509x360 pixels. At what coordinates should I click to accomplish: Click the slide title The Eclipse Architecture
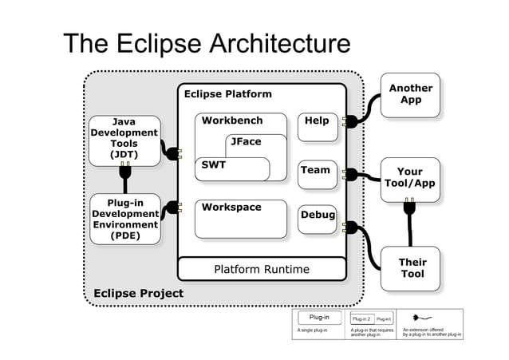206,45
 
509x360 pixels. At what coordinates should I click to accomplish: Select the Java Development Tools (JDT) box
124,139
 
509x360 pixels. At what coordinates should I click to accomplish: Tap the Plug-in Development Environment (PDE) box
124,219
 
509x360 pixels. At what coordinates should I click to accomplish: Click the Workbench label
231,121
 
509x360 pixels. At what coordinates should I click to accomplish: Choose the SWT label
214,165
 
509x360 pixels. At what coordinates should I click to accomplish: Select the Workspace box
240,218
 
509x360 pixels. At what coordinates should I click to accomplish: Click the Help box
318,126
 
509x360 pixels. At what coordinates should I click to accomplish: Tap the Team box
317,175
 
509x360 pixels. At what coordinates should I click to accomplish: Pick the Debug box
317,220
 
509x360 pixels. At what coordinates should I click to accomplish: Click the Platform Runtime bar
261,269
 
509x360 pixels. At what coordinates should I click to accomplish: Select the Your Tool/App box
409,177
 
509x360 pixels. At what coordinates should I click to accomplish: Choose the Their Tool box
412,267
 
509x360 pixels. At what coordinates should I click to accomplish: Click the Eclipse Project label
138,293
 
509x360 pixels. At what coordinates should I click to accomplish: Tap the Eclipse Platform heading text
227,94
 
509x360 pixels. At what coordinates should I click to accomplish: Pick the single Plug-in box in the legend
319,317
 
